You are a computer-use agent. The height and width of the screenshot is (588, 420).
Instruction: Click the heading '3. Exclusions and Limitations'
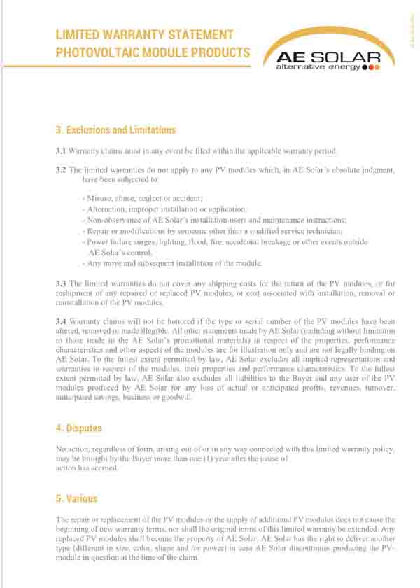click(115, 130)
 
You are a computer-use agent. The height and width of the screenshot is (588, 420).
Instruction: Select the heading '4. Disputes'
click(78, 428)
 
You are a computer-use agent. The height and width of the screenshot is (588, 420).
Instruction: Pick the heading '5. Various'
click(76, 498)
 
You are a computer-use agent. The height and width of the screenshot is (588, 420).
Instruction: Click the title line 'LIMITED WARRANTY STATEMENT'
click(144, 34)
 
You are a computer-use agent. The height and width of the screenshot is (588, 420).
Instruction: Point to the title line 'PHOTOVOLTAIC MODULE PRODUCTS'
click(153, 52)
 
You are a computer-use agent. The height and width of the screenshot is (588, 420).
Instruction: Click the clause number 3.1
click(60, 151)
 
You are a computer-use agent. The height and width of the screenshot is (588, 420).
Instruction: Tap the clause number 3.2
click(60, 170)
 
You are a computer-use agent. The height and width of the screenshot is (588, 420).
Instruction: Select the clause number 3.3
click(60, 283)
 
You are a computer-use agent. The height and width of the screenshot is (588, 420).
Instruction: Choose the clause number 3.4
click(60, 321)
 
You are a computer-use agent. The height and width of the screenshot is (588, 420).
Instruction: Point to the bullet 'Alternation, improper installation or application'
click(164, 209)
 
